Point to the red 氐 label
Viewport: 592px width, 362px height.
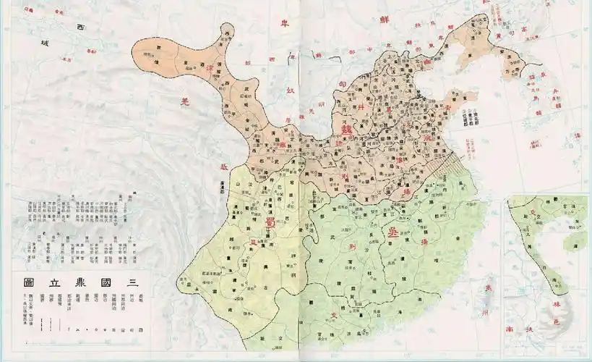pos(224,167)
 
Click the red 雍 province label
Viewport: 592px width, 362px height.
pos(280,145)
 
